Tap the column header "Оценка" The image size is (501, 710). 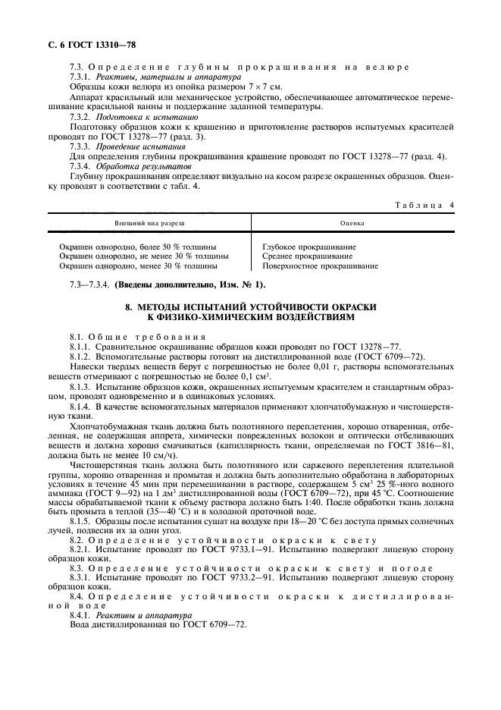pyautogui.click(x=352, y=225)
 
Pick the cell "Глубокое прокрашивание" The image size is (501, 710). pyautogui.click(x=309, y=247)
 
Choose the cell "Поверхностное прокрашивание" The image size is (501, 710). pyautogui.click(x=320, y=266)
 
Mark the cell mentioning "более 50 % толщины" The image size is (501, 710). pyautogui.click(x=138, y=247)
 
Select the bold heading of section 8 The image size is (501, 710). pyautogui.click(x=250, y=311)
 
